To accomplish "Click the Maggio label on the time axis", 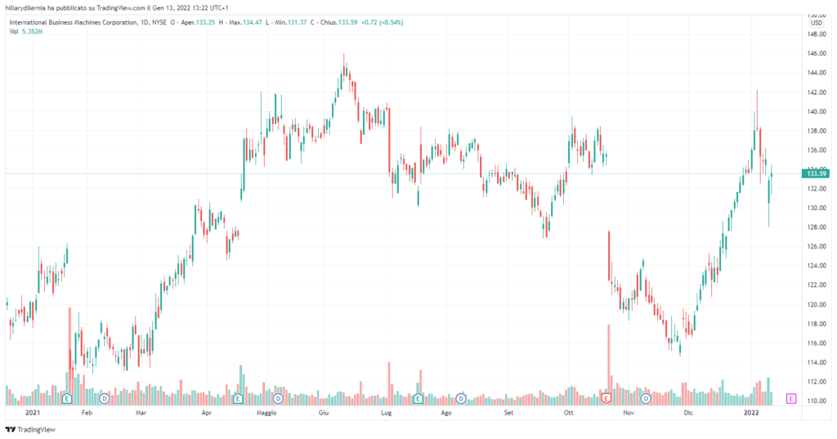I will [266, 414].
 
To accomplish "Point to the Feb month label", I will [87, 414].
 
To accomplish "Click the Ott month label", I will [570, 414].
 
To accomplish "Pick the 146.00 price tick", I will [814, 54].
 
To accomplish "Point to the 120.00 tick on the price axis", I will [814, 304].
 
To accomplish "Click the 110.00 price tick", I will [814, 401].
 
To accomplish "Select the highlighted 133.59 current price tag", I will [817, 173].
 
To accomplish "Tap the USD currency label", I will [815, 23].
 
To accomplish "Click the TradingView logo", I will [31, 429].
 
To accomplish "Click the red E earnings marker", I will [606, 397].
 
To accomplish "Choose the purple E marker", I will [790, 398].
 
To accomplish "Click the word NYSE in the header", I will [159, 23].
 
